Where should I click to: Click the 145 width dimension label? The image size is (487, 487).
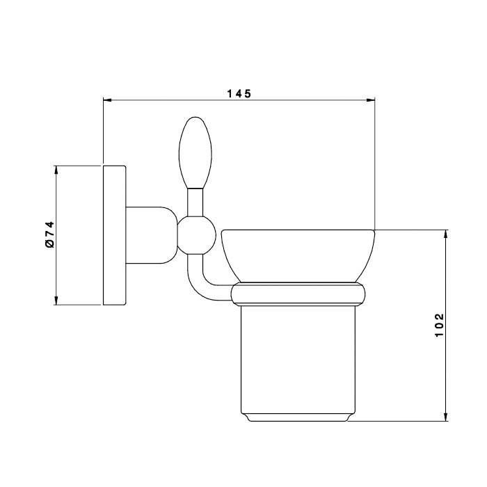239,93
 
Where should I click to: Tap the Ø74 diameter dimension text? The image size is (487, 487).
49,234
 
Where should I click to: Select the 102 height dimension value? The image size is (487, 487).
440,325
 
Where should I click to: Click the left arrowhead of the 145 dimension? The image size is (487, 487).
107,100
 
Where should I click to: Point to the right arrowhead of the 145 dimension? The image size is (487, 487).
371,100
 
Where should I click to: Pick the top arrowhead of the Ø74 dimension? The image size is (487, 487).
56,170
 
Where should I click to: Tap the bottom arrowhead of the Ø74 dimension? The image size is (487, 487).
56,301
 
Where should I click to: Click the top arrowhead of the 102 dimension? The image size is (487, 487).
446,234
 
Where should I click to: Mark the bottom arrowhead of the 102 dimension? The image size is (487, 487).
446,417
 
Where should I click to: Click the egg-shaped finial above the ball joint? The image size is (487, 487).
195,153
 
